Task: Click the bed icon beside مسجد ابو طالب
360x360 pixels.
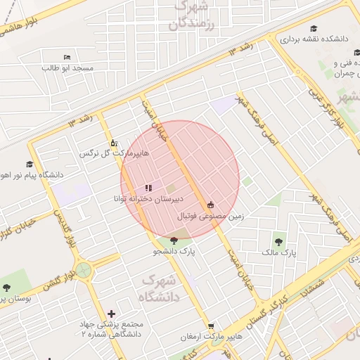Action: click(67, 57)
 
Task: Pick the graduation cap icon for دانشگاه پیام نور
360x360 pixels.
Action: click(30, 164)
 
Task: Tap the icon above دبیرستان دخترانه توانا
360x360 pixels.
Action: click(148, 188)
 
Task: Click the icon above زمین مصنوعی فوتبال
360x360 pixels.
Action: click(210, 205)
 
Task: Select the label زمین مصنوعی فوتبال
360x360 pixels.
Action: click(210, 216)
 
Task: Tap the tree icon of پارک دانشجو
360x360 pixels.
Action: click(174, 240)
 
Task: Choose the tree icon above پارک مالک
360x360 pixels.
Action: click(280, 240)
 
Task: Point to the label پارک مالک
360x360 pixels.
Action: click(280, 252)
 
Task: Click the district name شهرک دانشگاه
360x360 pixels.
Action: click(161, 289)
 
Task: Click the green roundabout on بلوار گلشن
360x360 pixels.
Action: click(84, 270)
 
